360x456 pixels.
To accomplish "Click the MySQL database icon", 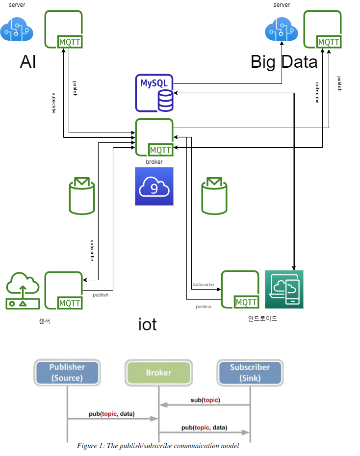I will (x=154, y=93).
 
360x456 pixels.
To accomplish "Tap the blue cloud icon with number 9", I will (x=154, y=186).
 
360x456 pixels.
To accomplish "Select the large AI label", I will (x=28, y=62).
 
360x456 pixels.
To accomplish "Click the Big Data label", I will (x=284, y=62).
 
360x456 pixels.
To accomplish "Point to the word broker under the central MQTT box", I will (x=154, y=161).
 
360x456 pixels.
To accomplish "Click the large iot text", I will (x=147, y=324).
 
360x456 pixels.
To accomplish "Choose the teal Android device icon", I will (x=284, y=289).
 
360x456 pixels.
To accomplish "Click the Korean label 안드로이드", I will (x=263, y=318).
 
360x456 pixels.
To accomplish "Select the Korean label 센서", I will (x=45, y=322).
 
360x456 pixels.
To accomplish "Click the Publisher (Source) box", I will (x=67, y=373).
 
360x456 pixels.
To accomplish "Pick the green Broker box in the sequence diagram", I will (x=158, y=373).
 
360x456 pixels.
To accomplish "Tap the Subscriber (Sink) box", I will (x=250, y=373).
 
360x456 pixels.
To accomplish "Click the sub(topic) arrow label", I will (x=205, y=400).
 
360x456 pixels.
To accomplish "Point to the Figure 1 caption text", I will (x=157, y=446).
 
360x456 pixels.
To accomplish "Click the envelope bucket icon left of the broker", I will (x=82, y=196).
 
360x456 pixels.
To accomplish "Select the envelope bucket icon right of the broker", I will (x=214, y=196).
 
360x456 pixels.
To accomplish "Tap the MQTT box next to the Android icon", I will (x=240, y=290).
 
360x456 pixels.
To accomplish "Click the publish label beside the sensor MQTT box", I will (x=101, y=295).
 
